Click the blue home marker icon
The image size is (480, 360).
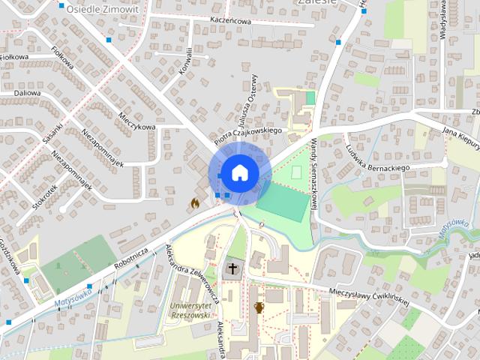[x=238, y=172]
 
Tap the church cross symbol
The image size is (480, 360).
[x=232, y=268]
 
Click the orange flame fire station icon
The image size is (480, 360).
[x=194, y=202]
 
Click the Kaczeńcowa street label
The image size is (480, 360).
[x=230, y=21]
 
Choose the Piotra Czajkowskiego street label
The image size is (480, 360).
[x=247, y=135]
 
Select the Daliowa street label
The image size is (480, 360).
[x=26, y=94]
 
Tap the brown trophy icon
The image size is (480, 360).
[x=259, y=307]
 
